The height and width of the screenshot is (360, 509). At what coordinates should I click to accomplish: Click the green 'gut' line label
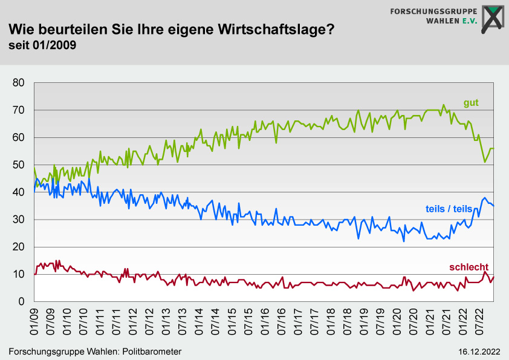pos(471,103)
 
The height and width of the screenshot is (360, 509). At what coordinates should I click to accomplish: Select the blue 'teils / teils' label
pos(449,209)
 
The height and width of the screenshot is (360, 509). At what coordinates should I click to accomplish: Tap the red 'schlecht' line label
pos(468,267)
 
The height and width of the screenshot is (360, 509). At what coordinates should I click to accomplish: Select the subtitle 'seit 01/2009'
pos(42,45)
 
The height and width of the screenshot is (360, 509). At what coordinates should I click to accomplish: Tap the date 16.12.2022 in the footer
pos(479,352)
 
